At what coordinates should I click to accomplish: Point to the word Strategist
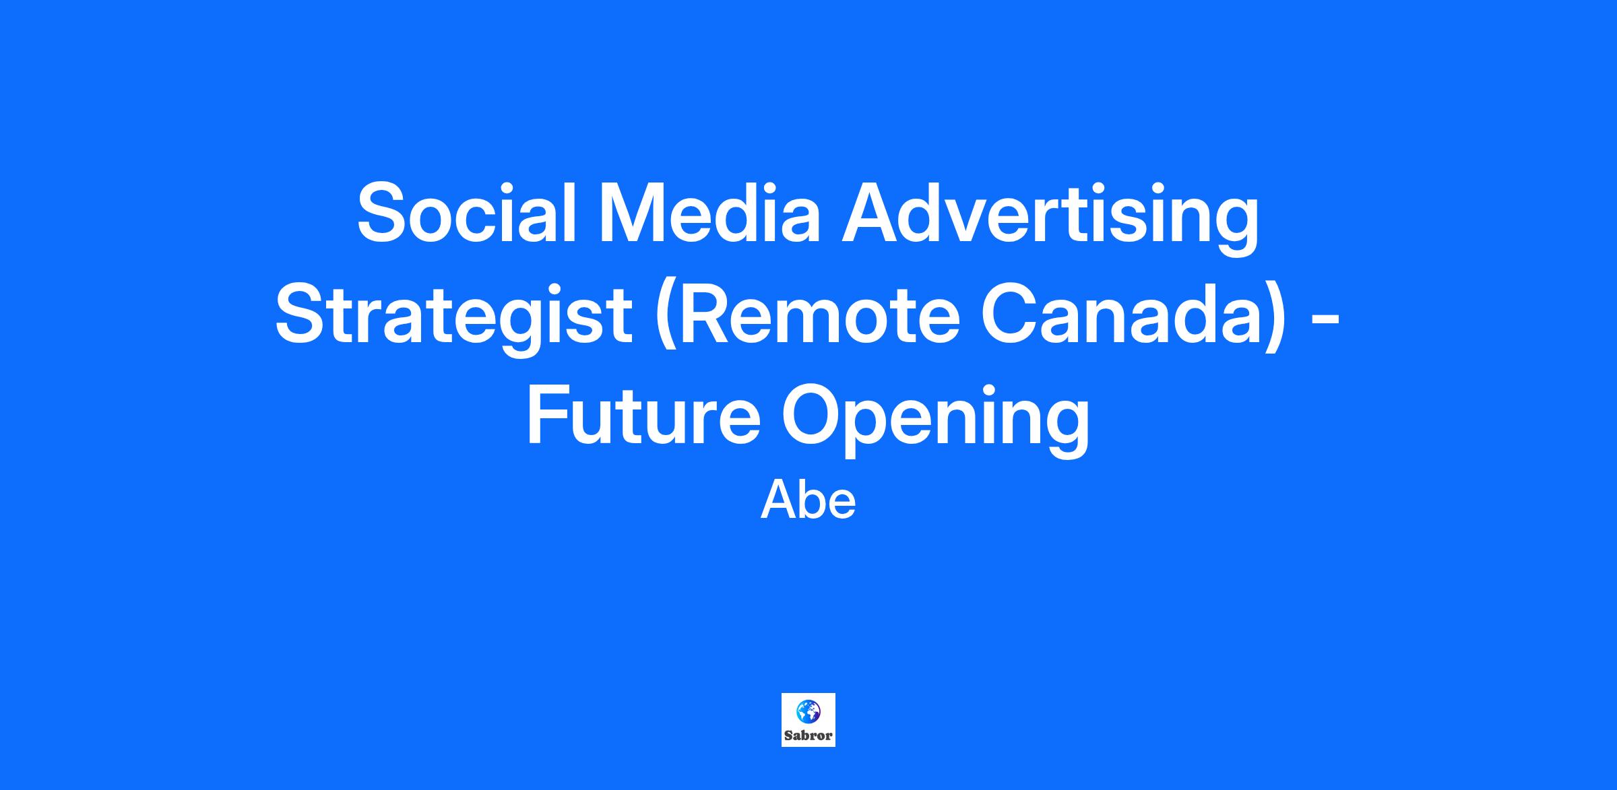click(x=453, y=319)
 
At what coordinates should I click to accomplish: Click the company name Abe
click(x=808, y=500)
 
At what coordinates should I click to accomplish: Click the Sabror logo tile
click(x=808, y=719)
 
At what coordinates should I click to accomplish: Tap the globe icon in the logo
click(x=808, y=711)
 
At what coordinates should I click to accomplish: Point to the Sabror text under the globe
click(x=808, y=735)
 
